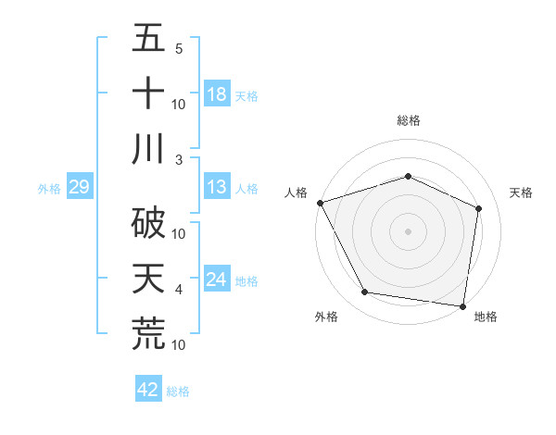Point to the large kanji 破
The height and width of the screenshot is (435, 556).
tap(148, 220)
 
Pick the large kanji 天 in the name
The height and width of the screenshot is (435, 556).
tap(148, 278)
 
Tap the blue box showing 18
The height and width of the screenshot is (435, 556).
tap(217, 93)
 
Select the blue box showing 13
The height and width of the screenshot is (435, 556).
tap(217, 188)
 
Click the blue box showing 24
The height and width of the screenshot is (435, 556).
tap(217, 280)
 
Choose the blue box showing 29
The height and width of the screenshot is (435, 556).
tap(79, 188)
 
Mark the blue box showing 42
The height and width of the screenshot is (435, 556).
tap(148, 390)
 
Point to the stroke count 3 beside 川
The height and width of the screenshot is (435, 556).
tap(178, 159)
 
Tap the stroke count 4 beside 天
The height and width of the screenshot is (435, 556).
tap(178, 290)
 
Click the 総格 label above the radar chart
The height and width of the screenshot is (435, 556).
tap(408, 120)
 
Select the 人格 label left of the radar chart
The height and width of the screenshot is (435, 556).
tap(297, 193)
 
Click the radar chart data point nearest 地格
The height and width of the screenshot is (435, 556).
tap(463, 304)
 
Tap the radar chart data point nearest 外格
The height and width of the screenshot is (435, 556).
tap(365, 292)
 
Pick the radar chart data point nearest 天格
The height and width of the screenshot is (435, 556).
tap(479, 208)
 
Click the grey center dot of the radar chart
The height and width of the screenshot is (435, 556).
tap(408, 230)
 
